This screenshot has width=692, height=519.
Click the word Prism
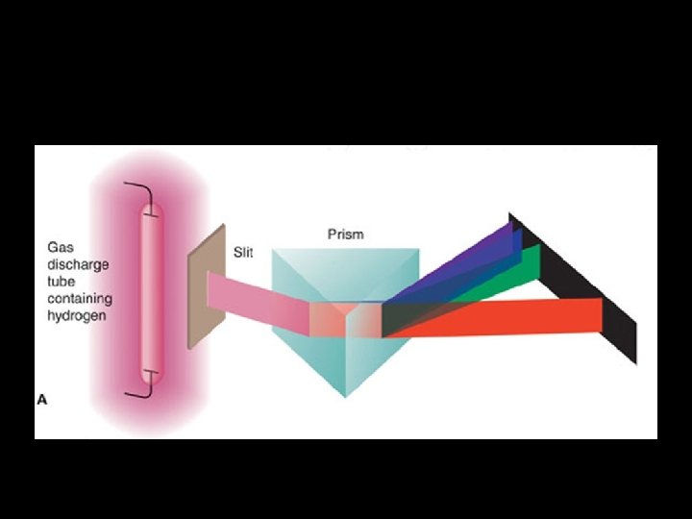(x=345, y=235)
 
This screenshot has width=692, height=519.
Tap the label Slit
(x=243, y=254)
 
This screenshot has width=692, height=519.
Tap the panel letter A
(x=41, y=399)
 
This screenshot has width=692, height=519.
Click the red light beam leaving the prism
(x=490, y=317)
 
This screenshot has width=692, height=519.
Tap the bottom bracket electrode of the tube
(x=141, y=387)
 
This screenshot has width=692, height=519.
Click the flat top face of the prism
(x=346, y=255)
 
